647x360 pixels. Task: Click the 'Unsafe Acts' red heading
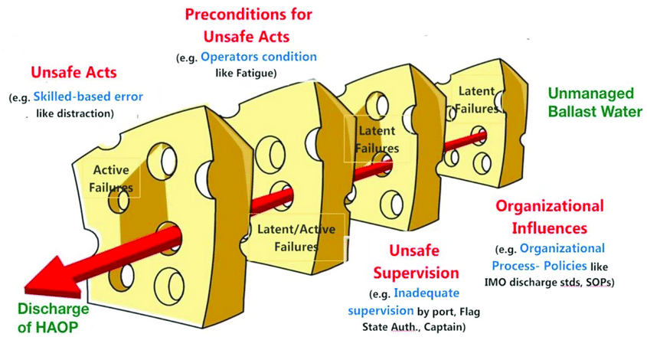[x=74, y=73]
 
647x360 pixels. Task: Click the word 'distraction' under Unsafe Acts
[x=86, y=113]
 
